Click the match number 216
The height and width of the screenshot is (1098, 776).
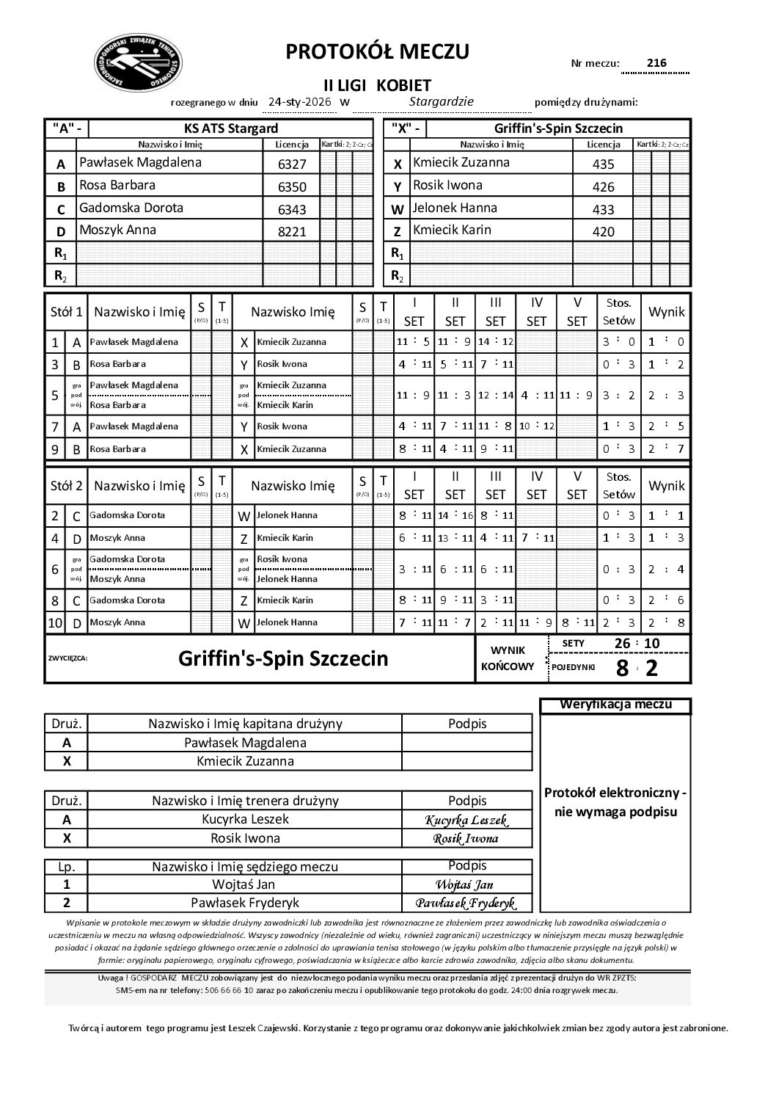pos(656,63)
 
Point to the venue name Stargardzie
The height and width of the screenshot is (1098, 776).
pos(441,102)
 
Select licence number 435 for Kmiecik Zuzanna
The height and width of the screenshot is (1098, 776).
pos(603,164)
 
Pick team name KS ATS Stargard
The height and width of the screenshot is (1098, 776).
pos(225,128)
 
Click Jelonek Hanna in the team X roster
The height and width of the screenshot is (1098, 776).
pos(455,208)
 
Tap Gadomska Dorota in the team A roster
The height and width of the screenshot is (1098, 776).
pos(131,208)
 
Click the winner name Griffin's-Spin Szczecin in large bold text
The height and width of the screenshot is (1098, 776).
pos(283,658)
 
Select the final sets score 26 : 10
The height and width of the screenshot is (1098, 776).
pos(637,644)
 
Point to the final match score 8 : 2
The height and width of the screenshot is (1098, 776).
pos(637,667)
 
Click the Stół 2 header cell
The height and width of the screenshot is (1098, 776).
pos(66,485)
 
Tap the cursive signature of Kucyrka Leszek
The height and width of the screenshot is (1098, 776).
pos(466,820)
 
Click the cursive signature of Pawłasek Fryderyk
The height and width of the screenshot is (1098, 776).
pos(466,903)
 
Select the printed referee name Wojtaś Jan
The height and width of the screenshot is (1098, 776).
pos(244,884)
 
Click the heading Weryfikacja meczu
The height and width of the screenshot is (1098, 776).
pos(615,705)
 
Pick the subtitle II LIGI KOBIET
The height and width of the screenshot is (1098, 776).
pos(377,85)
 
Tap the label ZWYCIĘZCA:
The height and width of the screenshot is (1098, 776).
pos(67,658)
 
